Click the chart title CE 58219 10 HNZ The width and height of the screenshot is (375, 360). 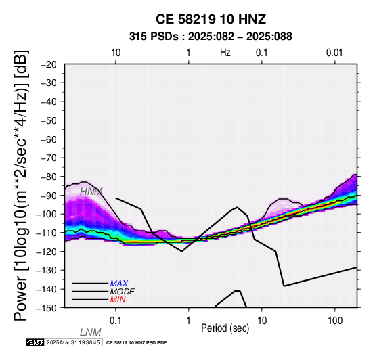tap(211, 19)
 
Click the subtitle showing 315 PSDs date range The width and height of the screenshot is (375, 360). tap(211, 37)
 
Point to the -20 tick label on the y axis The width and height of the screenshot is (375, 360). tap(48, 64)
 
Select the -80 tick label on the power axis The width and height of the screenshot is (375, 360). tap(48, 177)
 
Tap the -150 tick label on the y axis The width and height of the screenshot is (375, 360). tap(47, 307)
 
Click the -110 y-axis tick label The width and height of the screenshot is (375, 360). tap(47, 233)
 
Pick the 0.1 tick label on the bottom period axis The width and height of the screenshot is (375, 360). tap(116, 321)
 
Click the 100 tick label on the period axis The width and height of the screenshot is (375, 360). tap(335, 321)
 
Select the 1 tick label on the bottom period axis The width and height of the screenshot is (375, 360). tap(189, 321)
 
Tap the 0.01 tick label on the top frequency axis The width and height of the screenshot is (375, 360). tap(334, 53)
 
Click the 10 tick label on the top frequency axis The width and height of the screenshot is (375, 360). tap(116, 53)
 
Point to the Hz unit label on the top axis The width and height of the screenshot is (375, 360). tap(225, 53)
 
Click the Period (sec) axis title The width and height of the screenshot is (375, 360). tap(225, 328)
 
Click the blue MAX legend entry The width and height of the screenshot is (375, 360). tap(119, 284)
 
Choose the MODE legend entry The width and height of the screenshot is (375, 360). tap(123, 292)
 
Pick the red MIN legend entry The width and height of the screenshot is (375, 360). tap(118, 300)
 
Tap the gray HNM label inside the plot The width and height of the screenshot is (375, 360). tap(91, 192)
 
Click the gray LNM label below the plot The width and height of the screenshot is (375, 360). tap(91, 332)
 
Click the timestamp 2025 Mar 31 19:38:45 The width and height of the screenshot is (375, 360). tap(73, 343)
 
